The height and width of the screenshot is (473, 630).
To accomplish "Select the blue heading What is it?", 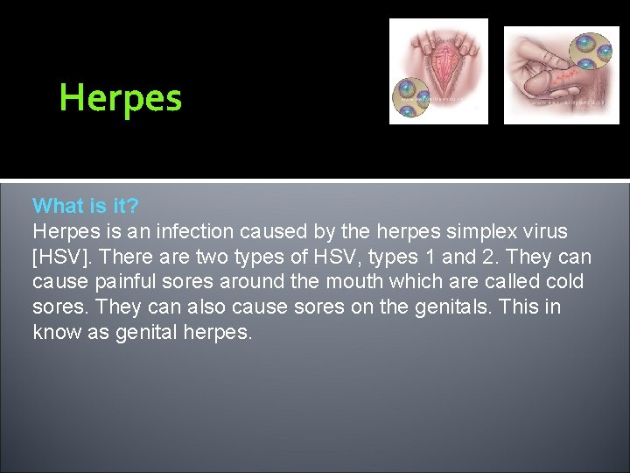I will (86, 206).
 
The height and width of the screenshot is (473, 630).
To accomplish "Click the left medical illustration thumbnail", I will (438, 71).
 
